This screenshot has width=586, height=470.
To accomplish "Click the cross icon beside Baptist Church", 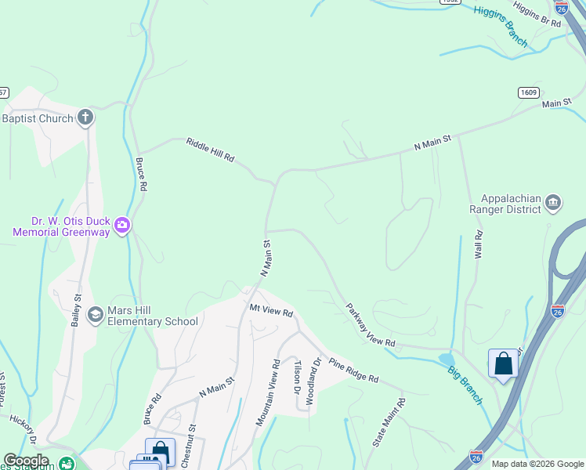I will click(x=85, y=118).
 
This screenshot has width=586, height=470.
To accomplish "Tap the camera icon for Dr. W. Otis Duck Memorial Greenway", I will click(x=121, y=226).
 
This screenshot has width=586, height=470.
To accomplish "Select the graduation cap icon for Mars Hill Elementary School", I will click(x=95, y=314).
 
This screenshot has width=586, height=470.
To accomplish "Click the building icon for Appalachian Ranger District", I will click(x=553, y=204).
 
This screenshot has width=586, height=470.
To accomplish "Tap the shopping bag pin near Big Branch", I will click(x=503, y=363).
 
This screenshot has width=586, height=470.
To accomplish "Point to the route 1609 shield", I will click(x=528, y=92).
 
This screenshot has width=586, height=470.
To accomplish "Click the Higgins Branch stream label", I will click(x=501, y=26).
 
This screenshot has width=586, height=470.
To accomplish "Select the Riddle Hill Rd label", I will click(x=210, y=150).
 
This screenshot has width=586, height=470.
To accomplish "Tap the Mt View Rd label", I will click(x=271, y=309).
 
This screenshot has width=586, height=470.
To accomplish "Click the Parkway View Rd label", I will click(x=371, y=325).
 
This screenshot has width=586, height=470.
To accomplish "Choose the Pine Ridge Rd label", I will click(x=353, y=370).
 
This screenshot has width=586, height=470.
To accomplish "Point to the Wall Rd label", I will click(x=478, y=245).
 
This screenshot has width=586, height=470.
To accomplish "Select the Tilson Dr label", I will click(x=297, y=377).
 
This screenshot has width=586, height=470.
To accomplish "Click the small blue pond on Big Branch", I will click(x=446, y=360).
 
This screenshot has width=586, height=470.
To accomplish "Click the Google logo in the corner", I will click(x=26, y=461).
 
